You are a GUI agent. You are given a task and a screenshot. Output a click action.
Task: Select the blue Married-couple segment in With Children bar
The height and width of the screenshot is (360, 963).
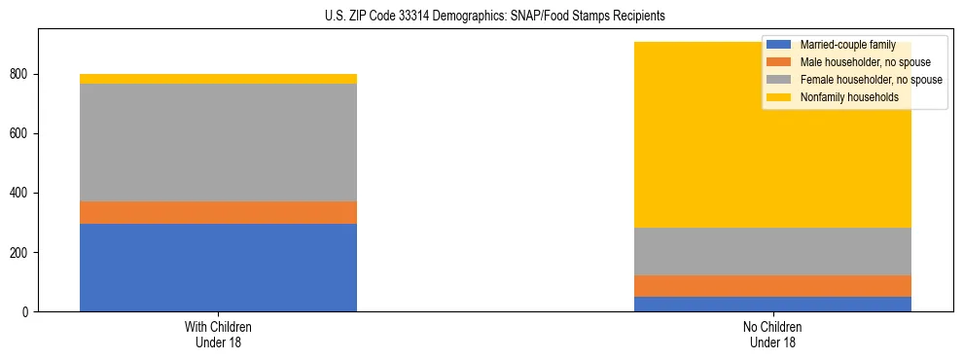click(x=218, y=268)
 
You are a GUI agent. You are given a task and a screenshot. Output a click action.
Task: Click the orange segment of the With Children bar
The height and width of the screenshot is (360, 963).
click(x=218, y=212)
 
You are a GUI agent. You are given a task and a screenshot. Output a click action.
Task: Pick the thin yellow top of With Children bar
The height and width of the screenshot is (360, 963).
click(x=218, y=79)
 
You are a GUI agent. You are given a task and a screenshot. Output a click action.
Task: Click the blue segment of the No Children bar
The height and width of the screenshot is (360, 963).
click(x=772, y=304)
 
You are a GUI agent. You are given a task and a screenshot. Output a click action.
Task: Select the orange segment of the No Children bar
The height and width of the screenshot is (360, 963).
click(x=772, y=286)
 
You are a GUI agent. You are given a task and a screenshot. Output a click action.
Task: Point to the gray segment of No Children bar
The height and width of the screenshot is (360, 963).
click(x=772, y=251)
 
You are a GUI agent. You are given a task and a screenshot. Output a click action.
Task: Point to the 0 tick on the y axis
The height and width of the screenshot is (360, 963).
click(x=28, y=312)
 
